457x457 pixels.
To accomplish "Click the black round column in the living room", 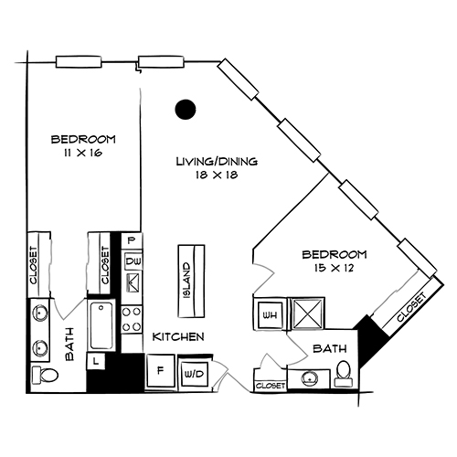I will (x=186, y=109).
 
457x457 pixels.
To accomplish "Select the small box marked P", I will (x=132, y=240).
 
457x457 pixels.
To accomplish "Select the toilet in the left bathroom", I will (x=42, y=375).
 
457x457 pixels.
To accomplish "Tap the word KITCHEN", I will (x=177, y=337).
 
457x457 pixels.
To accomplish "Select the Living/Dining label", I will (x=218, y=162).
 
